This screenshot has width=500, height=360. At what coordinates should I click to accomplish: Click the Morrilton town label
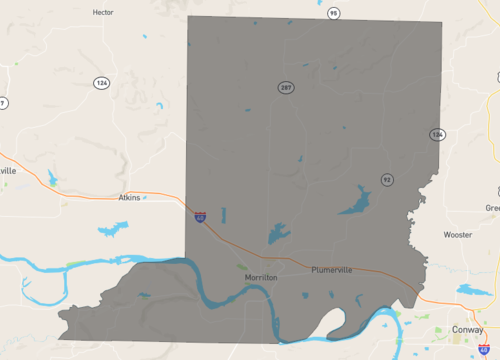pos(260,277)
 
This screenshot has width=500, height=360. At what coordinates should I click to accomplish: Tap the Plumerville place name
pos(333,270)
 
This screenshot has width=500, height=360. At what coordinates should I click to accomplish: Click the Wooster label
pos(458,235)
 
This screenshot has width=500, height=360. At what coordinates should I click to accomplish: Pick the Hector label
pos(102,13)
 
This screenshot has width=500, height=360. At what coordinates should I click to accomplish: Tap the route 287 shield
pos(286,88)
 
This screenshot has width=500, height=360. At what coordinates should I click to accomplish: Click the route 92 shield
pos(386,179)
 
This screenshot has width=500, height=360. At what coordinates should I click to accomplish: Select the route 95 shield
pos(333,13)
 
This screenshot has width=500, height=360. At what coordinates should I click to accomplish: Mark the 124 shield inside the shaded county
pos(437,134)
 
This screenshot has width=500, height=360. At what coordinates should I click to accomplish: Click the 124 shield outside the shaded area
pos(101,82)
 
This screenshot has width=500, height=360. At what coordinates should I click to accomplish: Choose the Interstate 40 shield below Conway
pos(484,350)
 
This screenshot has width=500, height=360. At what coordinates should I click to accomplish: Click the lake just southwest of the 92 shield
pos(354,203)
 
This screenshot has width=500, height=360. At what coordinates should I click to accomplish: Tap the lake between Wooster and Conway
pos(469,291)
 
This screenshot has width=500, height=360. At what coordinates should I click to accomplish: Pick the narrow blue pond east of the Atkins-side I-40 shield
pos(223,214)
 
